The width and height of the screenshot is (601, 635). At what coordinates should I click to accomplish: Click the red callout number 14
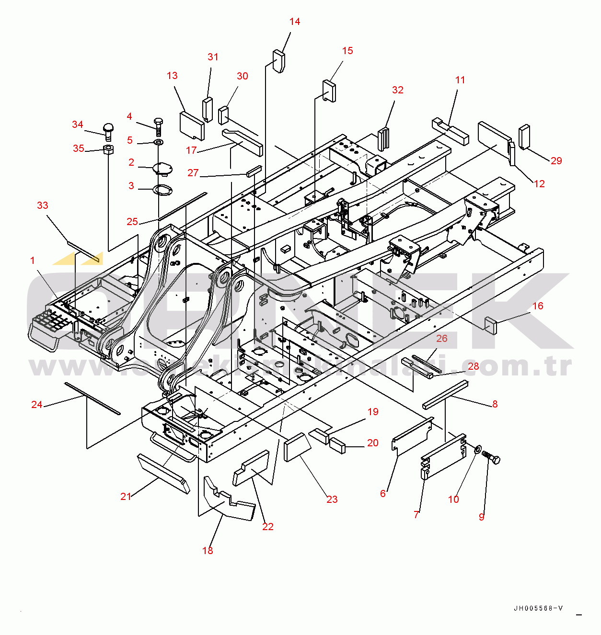[295, 22]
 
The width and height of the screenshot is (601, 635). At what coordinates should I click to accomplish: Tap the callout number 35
[79, 148]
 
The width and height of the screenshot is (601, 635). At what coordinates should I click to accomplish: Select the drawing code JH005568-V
[538, 608]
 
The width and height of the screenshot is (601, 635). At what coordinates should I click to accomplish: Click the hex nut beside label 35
[108, 150]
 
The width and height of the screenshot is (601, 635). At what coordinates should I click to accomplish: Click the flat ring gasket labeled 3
[162, 190]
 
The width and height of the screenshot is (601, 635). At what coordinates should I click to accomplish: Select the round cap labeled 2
[162, 169]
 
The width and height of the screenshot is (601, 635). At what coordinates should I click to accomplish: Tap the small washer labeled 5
[158, 142]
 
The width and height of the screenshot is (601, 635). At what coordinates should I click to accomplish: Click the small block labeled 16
[491, 325]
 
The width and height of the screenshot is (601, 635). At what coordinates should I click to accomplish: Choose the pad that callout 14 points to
[279, 61]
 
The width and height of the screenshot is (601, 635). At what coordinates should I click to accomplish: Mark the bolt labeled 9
[491, 458]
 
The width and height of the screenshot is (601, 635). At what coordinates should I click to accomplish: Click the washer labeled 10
[478, 449]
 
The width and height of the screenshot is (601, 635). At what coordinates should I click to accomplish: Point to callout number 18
[208, 551]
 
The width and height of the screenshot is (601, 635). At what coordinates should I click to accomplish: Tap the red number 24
[37, 405]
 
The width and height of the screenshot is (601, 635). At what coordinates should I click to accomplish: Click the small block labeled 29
[524, 137]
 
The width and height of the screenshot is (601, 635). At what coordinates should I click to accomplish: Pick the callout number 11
[460, 80]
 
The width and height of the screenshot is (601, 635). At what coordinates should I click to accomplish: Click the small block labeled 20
[337, 445]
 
